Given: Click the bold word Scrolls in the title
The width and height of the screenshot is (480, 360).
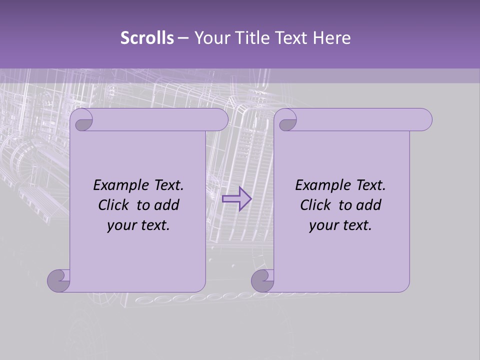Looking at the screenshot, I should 147,37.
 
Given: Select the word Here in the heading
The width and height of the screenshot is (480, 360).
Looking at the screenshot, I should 331,37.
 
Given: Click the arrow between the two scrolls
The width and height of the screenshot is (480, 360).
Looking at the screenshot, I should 236,198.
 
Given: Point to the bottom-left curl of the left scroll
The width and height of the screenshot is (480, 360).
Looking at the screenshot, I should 59,280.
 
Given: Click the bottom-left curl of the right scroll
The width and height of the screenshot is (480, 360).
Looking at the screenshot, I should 262,280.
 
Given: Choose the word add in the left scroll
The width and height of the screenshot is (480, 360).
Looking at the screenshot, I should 166,205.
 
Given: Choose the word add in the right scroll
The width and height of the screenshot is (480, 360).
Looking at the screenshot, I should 368,205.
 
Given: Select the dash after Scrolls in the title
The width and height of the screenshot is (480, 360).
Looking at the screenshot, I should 183,37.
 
